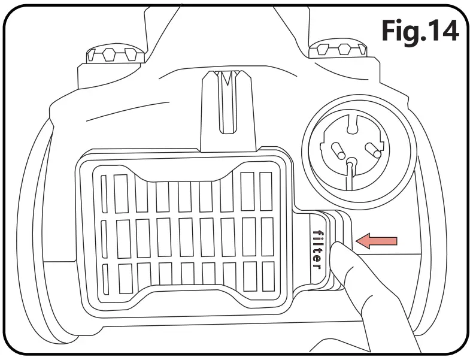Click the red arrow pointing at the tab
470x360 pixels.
(x=376, y=241)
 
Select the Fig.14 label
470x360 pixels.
(x=419, y=31)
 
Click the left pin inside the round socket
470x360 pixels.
(x=337, y=148)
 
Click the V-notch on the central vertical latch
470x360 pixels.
(x=226, y=81)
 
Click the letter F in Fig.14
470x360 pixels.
(x=390, y=31)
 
